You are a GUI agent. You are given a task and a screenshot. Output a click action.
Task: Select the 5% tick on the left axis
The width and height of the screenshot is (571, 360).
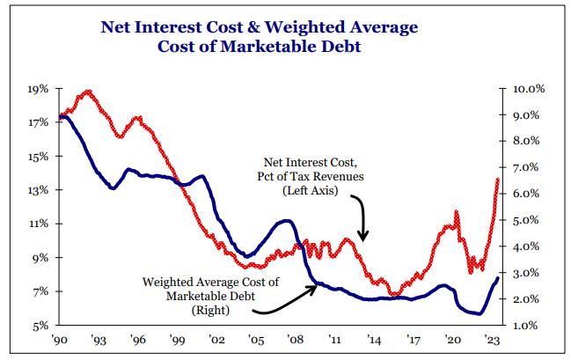click(x=40, y=326)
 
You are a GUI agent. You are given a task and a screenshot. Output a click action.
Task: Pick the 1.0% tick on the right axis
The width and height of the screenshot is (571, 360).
click(x=529, y=326)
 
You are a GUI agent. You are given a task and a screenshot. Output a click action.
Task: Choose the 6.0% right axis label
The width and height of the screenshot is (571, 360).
click(x=529, y=195)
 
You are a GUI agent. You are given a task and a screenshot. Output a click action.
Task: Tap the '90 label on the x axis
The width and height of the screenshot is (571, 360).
click(x=60, y=340)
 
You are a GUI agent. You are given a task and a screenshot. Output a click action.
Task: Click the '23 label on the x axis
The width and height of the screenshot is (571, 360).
click(x=494, y=340)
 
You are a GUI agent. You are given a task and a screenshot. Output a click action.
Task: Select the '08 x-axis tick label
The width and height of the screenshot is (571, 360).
click(x=296, y=340)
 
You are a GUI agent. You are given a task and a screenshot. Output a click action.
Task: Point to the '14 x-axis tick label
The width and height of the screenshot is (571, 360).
click(x=376, y=340)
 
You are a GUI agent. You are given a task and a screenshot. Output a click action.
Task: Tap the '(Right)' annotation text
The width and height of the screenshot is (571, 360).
click(x=209, y=310)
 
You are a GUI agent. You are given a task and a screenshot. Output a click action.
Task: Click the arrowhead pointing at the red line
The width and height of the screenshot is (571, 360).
click(x=364, y=235)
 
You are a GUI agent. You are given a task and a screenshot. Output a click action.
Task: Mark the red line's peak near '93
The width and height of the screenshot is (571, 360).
click(x=87, y=92)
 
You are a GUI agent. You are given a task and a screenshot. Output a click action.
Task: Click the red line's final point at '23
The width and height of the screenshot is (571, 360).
click(x=498, y=180)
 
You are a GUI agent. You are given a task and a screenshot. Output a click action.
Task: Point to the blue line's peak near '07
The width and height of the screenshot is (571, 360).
click(x=286, y=221)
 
